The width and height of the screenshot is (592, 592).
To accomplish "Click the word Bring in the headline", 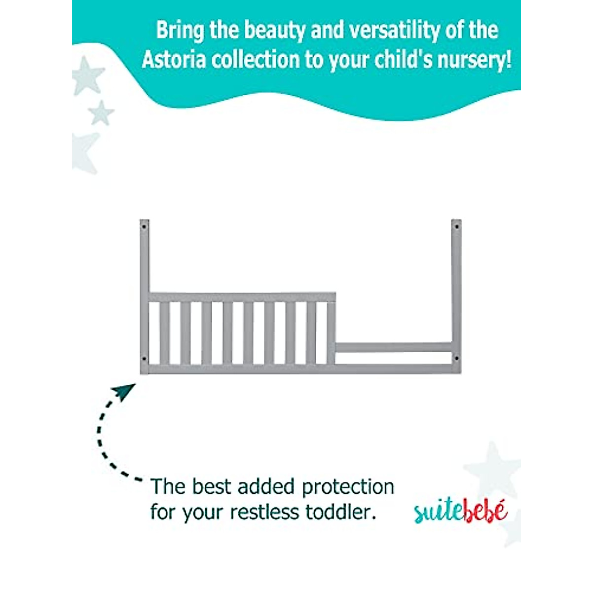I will (x=180, y=31).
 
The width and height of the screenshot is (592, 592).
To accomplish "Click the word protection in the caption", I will (x=348, y=487).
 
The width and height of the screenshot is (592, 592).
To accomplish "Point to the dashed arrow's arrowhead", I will (x=123, y=392).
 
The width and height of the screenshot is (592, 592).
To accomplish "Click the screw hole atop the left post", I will (x=144, y=227).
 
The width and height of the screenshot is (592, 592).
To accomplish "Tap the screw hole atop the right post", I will (x=457, y=227).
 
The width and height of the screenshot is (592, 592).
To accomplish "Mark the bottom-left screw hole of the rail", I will (x=144, y=358).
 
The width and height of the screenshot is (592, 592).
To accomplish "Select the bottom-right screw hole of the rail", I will (x=457, y=358).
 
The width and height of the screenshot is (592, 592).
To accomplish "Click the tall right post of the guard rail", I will (x=457, y=291).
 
